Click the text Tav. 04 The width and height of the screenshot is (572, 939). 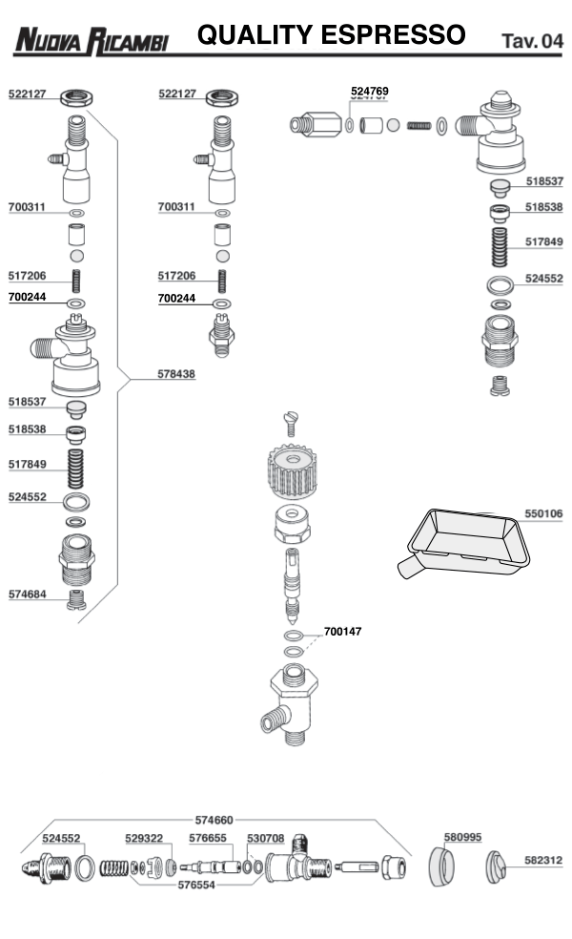click(x=531, y=41)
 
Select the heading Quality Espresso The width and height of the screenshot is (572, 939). click(x=331, y=35)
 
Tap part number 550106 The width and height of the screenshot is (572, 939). click(x=543, y=513)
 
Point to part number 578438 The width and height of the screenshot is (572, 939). click(x=176, y=375)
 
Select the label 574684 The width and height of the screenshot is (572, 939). click(x=28, y=594)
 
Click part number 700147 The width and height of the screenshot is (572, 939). click(x=343, y=632)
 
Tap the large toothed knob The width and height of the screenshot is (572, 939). click(x=289, y=472)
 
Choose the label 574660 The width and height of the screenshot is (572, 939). click(x=214, y=819)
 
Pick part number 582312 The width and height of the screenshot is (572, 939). click(x=543, y=860)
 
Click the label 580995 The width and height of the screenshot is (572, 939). click(x=463, y=837)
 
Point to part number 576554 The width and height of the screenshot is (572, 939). click(x=195, y=885)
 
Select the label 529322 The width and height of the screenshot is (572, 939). click(x=144, y=838)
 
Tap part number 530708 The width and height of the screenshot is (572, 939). click(x=266, y=838)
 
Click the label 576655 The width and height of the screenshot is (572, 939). click(x=208, y=838)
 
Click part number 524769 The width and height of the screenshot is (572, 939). click(x=370, y=92)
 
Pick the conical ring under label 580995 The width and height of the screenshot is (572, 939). click(x=441, y=866)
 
